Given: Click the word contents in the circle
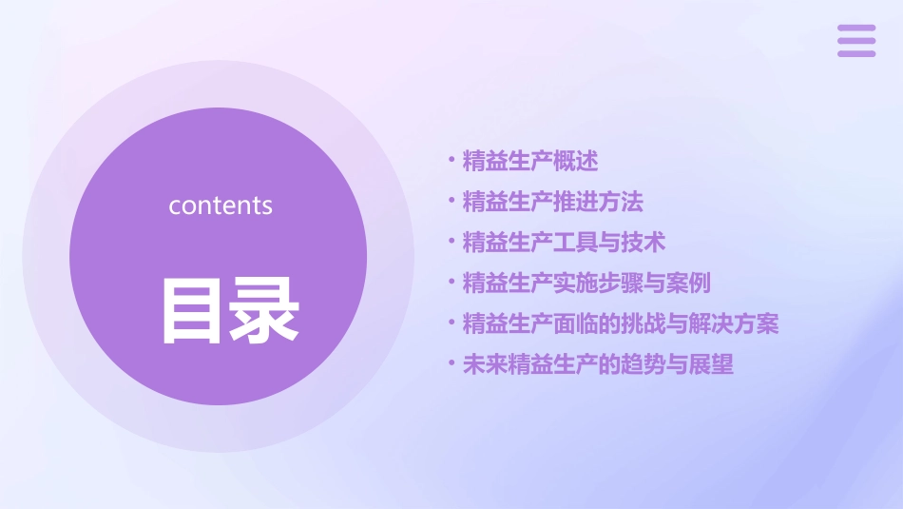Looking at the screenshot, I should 221,206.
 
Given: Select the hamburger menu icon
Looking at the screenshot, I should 855,41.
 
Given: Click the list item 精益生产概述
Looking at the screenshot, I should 529,162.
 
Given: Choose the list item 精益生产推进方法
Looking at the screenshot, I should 552,202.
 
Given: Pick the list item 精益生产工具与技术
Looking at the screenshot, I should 564,243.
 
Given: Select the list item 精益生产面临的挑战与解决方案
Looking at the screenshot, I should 620,324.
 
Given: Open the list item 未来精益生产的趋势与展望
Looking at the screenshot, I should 598,365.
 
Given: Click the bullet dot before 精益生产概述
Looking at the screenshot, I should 451,160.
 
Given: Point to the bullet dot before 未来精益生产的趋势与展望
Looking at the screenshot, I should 451,363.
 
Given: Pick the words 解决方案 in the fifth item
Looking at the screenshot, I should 734,324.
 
